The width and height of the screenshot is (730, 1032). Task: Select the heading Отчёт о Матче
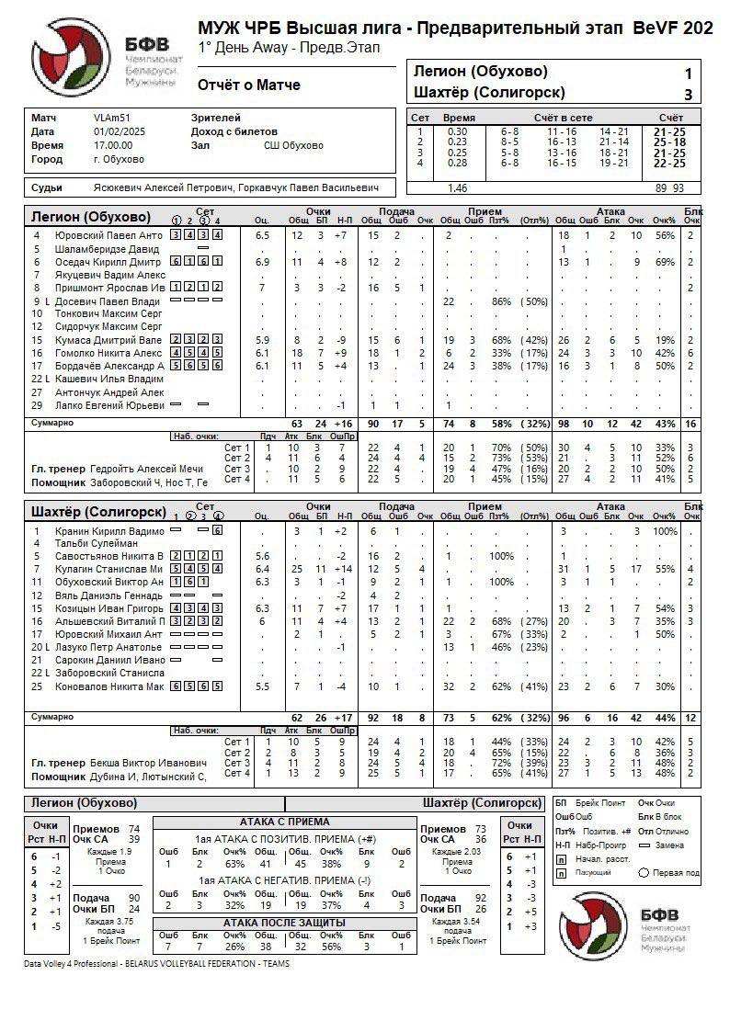tap(248, 85)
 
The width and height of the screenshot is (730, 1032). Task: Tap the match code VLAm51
tap(111, 118)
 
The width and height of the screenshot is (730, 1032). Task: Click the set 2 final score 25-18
tap(668, 142)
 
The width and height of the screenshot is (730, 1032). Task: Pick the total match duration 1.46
tap(456, 187)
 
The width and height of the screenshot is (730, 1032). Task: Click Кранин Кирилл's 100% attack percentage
tap(665, 530)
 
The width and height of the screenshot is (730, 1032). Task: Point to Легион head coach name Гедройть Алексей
tap(147, 469)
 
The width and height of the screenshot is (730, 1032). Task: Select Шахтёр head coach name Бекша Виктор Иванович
tap(148, 763)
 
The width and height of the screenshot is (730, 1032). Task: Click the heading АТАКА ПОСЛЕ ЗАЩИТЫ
tap(285, 922)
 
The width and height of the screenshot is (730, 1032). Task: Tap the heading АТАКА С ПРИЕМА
tap(285, 822)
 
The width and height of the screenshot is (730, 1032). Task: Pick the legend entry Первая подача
tap(674, 873)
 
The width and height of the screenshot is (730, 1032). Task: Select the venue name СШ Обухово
tap(293, 145)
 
